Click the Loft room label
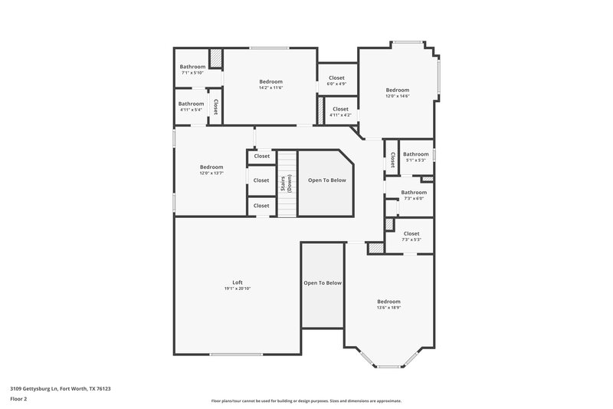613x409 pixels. point(238,282)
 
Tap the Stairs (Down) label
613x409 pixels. point(287,183)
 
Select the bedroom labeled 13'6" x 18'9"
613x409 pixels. point(388,304)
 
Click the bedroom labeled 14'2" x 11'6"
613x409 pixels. point(270,84)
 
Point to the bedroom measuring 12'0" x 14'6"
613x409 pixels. point(397,92)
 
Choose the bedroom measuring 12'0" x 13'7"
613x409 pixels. point(211,170)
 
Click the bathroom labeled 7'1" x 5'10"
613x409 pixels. point(192,69)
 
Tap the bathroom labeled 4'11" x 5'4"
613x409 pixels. point(191,107)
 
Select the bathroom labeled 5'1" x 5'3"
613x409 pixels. point(415,157)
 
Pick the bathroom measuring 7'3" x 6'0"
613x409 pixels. point(414,195)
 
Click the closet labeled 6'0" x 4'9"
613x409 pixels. point(336,81)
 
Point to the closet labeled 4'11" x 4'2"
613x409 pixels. point(340,112)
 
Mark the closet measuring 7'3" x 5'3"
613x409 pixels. point(411,236)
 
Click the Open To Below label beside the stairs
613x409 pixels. point(327,180)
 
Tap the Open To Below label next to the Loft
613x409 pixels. point(323,283)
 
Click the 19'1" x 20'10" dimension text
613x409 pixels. point(238,289)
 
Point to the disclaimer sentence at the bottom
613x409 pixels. point(306,401)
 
